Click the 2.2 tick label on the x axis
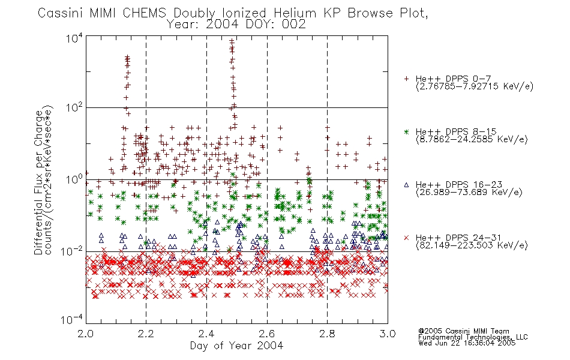(x=146, y=334)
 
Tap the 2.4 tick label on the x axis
(x=206, y=334)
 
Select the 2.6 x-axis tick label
(x=267, y=334)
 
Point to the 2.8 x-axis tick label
(x=327, y=334)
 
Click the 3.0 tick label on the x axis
(x=388, y=334)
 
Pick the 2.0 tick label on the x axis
(x=86, y=334)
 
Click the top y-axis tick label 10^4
(x=74, y=38)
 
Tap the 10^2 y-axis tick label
(x=74, y=107)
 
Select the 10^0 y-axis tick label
(x=74, y=179)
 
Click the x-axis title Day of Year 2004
(x=236, y=346)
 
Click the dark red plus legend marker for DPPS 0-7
(x=406, y=79)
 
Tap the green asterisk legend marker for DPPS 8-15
(x=406, y=132)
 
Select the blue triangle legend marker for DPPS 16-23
(x=406, y=185)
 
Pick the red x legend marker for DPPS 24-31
(x=406, y=238)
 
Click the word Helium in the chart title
(x=295, y=13)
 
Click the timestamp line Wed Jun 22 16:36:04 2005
(x=467, y=343)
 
